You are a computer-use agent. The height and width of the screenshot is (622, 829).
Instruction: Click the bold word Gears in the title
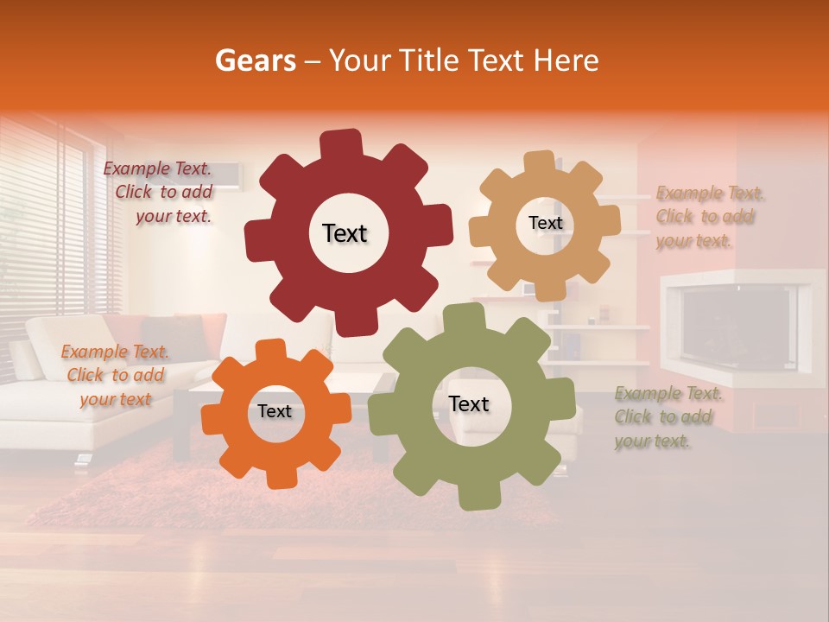coord(256,60)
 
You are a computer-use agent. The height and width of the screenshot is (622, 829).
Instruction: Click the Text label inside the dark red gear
coord(345,233)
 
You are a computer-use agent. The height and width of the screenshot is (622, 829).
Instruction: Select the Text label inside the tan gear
coord(545,223)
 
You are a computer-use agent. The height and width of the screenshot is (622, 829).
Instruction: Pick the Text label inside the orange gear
coord(275,411)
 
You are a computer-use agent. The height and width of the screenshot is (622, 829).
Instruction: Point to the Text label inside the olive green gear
coord(469,403)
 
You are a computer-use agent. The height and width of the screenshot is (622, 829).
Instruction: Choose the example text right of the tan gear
coord(708,217)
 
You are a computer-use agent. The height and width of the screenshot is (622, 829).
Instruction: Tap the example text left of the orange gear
coord(116,375)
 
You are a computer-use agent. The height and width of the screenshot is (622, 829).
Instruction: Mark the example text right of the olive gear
coord(666,417)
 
